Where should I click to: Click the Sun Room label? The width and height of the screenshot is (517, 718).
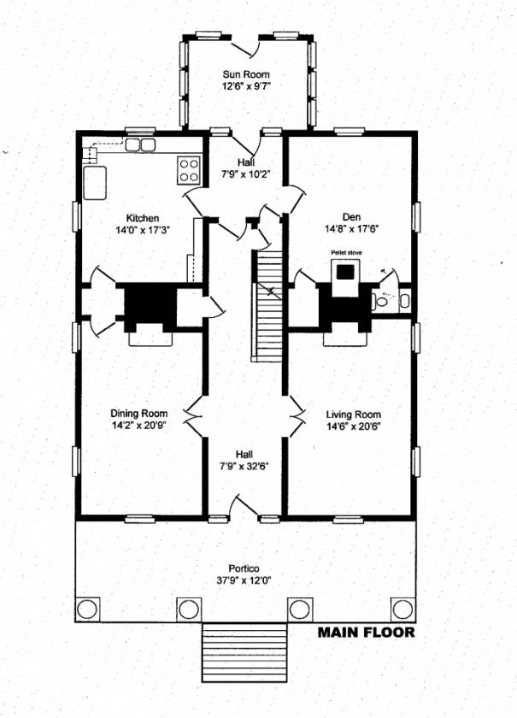tap(246, 74)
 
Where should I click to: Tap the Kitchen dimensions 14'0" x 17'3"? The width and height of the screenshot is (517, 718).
tap(143, 230)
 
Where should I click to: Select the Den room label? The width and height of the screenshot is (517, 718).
tap(352, 217)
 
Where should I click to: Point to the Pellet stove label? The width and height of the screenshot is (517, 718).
tap(346, 252)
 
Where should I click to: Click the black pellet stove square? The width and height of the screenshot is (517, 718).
tap(346, 272)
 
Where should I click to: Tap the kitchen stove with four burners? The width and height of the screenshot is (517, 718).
tap(189, 170)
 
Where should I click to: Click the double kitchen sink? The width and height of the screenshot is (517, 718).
tap(140, 145)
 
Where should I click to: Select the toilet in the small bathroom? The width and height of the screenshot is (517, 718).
tap(380, 301)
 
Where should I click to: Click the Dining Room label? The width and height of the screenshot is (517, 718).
tap(139, 414)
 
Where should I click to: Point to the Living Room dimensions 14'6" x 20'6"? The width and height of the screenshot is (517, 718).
tap(354, 427)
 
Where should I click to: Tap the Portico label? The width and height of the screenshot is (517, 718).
tap(244, 568)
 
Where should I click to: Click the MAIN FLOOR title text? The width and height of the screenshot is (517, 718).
tap(367, 633)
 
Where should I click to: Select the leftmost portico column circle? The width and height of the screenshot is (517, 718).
tap(87, 609)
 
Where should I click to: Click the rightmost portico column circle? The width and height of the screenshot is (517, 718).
tap(403, 609)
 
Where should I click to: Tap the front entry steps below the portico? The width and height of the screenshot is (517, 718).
tap(244, 652)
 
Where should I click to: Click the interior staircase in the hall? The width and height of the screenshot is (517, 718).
tap(268, 305)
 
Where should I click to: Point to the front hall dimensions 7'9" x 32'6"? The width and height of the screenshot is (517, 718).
tap(244, 467)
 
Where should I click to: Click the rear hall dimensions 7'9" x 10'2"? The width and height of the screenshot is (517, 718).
tap(246, 174)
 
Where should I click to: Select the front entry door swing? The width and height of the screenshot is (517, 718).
tap(244, 505)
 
